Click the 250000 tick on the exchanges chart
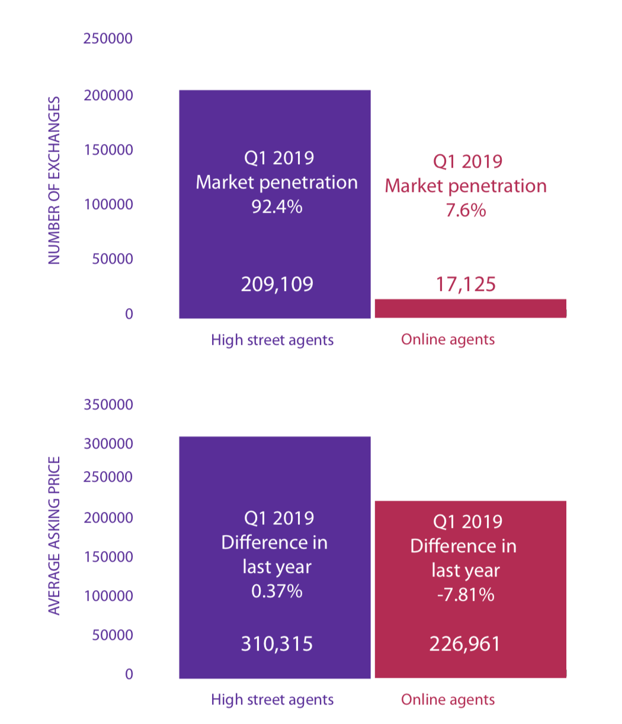(108, 39)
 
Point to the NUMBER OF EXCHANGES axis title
(54, 181)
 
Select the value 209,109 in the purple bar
(277, 284)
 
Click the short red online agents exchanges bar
(470, 308)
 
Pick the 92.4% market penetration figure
(277, 207)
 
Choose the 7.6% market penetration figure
(466, 210)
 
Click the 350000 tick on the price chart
(108, 405)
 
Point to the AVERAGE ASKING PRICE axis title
(54, 536)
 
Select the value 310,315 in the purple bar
(277, 643)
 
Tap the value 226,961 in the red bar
(465, 643)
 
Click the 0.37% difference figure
(277, 591)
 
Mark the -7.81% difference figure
(466, 594)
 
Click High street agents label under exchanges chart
(272, 340)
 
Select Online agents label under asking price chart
(448, 700)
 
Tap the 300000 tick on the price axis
(108, 444)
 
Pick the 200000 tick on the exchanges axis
(108, 95)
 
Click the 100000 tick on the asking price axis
(108, 596)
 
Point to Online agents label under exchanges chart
(448, 339)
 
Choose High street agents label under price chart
(272, 700)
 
